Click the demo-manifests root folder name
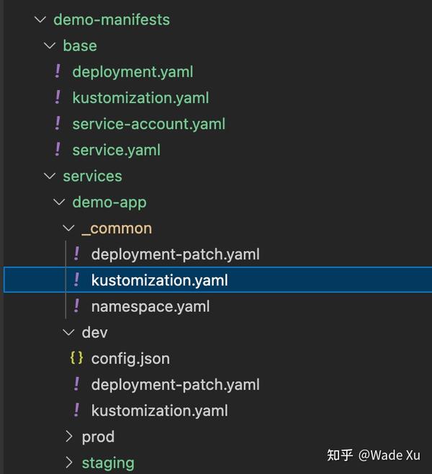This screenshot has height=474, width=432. click(x=112, y=19)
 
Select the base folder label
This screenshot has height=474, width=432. click(x=80, y=45)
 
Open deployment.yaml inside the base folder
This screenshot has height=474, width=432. click(x=132, y=71)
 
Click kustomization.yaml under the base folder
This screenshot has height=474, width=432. click(x=140, y=97)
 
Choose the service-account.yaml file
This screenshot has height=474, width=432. click(x=148, y=124)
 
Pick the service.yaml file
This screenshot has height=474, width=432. click(x=116, y=150)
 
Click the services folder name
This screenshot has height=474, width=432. click(x=92, y=176)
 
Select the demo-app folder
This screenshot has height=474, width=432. click(x=109, y=202)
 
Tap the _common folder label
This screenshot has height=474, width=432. click(x=117, y=228)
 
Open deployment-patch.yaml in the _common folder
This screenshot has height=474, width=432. click(x=175, y=254)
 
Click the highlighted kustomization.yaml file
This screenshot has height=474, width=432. click(x=159, y=280)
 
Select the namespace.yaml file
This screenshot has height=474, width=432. click(x=150, y=306)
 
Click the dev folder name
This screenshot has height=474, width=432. click(x=94, y=332)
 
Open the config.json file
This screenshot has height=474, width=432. click(x=130, y=358)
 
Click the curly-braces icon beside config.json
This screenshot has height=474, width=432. click(x=76, y=358)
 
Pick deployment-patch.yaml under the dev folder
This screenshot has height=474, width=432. click(x=175, y=385)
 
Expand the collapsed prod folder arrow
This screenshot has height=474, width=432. click(x=68, y=437)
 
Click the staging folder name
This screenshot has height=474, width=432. click(x=108, y=462)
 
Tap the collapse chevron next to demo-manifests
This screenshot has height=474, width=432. click(x=40, y=19)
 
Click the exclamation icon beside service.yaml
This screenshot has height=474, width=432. click(x=58, y=149)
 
